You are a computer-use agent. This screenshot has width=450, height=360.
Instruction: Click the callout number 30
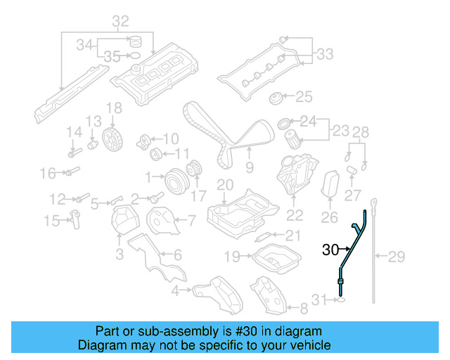[330, 249]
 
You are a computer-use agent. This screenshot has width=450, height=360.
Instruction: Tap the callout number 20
[224, 185]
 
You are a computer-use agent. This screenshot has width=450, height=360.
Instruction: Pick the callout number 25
[304, 96]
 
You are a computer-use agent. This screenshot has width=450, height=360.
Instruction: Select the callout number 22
[295, 215]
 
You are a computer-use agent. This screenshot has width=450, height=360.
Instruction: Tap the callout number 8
[303, 308]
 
